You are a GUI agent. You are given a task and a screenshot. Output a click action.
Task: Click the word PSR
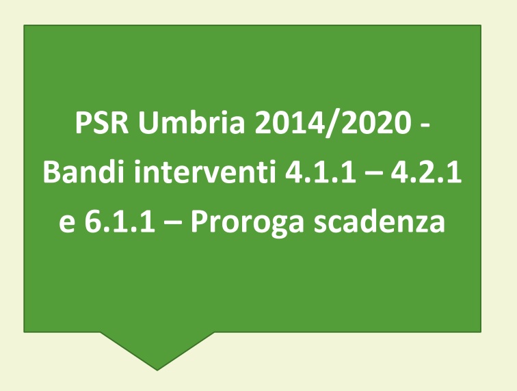102,122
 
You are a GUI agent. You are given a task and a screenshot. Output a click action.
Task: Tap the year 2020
375,122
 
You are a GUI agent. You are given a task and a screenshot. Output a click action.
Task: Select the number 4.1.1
321,172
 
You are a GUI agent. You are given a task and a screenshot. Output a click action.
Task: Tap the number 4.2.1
426,172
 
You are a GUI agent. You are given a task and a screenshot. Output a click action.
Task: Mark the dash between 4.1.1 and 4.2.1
373,174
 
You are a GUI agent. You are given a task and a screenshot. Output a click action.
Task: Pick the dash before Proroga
172,223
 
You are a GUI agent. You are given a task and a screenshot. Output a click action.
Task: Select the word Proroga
247,223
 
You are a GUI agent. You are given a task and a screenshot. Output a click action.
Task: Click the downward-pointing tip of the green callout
157,370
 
